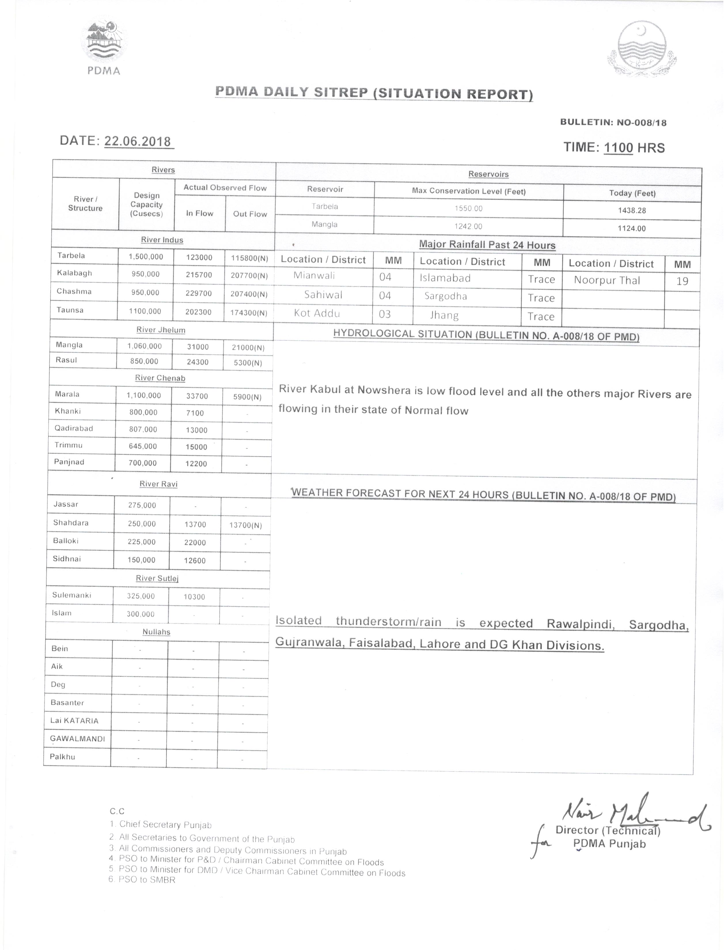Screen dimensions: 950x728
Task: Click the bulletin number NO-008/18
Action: (641, 123)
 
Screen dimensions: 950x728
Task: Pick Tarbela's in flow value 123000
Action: (199, 258)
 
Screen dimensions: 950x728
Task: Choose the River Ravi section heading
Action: (159, 484)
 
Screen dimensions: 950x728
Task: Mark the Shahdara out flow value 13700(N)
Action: (246, 525)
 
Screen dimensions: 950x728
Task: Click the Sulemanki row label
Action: (72, 595)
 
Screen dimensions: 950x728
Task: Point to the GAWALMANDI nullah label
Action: (77, 739)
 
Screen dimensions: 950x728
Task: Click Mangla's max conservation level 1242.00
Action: (469, 226)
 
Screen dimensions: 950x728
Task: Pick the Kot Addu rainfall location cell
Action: (317, 313)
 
